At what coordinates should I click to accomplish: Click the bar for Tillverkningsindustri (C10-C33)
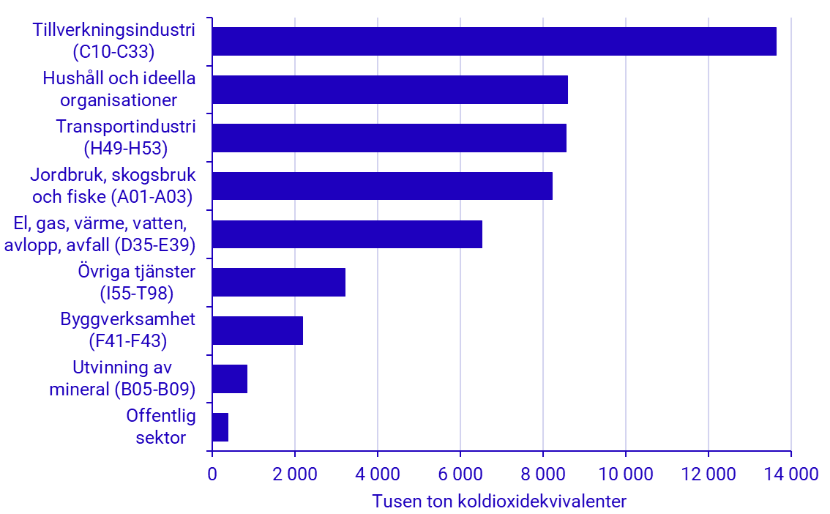494,41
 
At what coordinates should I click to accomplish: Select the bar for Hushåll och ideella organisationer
389,89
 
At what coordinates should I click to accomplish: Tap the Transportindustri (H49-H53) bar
389,138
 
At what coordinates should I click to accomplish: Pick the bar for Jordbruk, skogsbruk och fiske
382,186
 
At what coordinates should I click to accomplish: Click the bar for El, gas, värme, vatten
347,234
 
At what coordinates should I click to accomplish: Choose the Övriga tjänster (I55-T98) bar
278,282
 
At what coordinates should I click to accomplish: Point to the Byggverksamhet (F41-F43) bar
257,330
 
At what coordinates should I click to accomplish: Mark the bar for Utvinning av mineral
229,379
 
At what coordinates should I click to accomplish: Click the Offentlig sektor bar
220,427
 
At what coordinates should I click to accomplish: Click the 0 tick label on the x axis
212,474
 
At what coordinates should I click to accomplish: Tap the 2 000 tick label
294,474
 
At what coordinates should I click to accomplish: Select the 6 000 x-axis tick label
460,474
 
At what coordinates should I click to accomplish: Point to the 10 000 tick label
625,474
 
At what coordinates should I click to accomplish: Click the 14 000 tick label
790,474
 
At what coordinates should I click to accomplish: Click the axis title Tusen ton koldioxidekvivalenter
500,502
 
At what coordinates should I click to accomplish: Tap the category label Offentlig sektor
161,427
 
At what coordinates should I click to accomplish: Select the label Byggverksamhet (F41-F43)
128,330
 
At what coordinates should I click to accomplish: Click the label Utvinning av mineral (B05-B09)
122,379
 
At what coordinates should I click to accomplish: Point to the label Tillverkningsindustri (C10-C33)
114,41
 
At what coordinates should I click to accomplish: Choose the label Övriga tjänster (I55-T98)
137,282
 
